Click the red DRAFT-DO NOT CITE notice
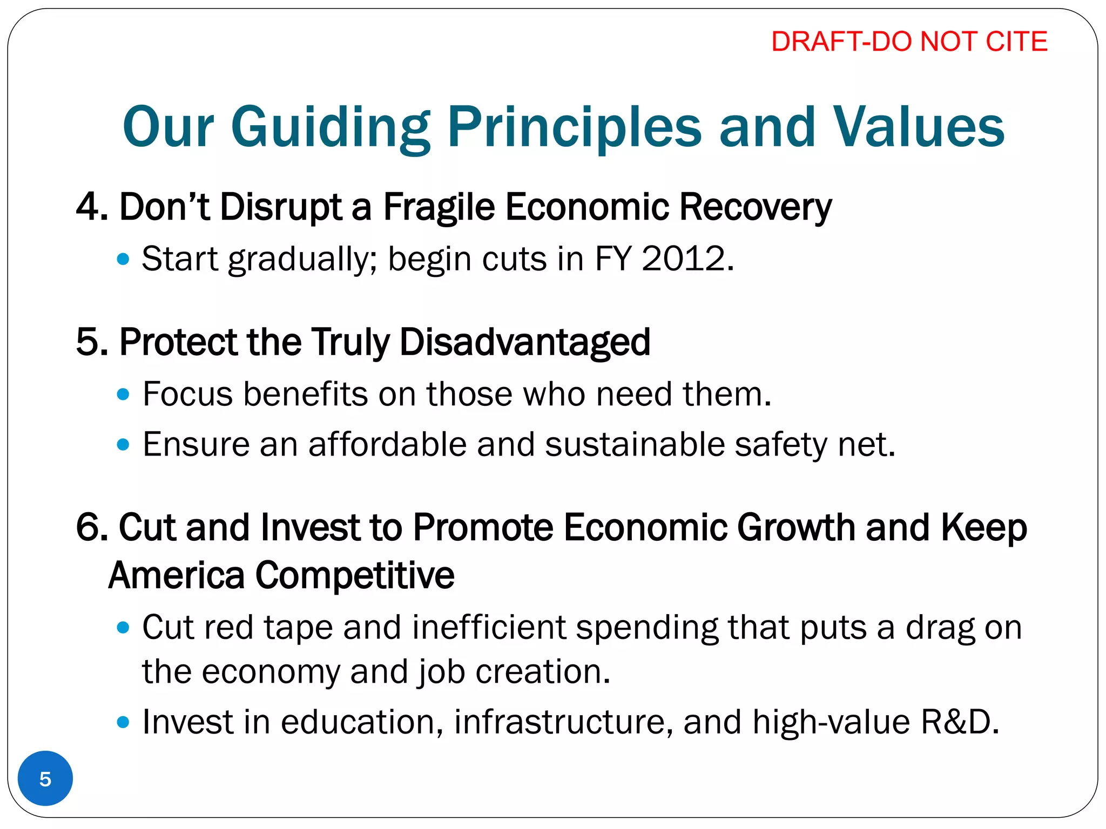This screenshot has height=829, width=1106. pos(909,42)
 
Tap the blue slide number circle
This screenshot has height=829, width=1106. pos(45,779)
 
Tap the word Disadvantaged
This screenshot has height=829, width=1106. pos(524,342)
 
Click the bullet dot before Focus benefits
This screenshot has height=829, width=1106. pos(123,395)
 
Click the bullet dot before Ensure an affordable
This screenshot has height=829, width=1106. pos(123,445)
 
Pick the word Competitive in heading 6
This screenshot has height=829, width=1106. pos(354,575)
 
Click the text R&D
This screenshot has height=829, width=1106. pos(959,722)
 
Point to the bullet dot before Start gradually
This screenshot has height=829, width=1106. pos(123,260)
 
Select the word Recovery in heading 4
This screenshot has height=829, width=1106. pos(755,207)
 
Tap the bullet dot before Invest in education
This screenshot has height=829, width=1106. pos(123,722)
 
